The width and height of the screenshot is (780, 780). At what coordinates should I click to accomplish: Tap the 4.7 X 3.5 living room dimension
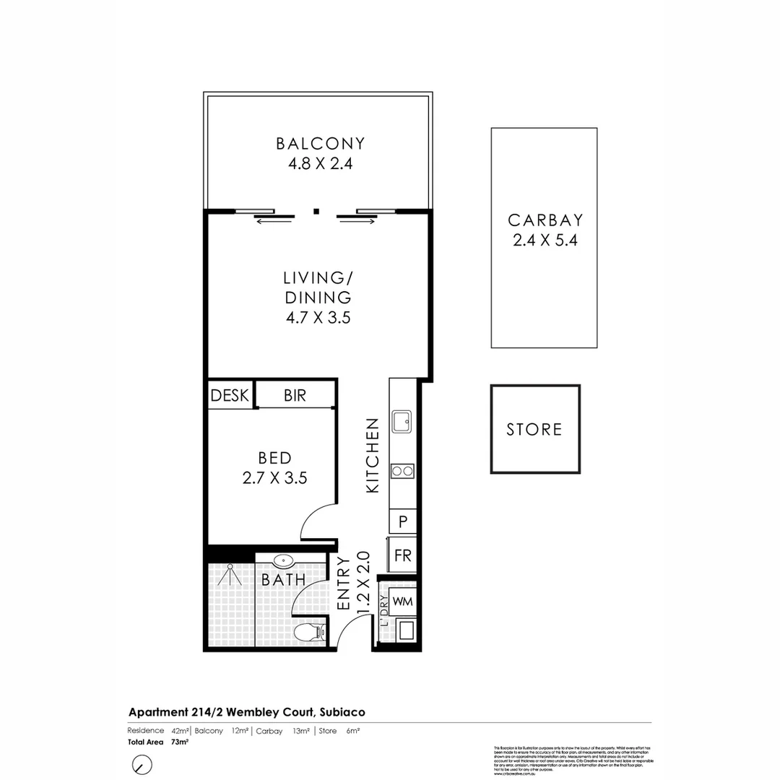[x=317, y=317]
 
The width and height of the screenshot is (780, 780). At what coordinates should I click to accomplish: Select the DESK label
[x=230, y=396]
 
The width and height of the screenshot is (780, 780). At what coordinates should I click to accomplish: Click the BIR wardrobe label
[x=295, y=396]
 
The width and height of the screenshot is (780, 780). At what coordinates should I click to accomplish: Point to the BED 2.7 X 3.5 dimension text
[x=276, y=477]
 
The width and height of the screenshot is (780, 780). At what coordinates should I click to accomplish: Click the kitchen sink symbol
[x=402, y=421]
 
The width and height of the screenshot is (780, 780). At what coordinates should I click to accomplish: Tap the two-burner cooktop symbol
[x=402, y=472]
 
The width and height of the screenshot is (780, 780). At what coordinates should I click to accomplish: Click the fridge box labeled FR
[x=402, y=555]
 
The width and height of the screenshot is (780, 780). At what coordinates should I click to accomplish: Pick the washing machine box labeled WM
[x=402, y=601]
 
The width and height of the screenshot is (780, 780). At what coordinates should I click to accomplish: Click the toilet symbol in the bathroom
[x=312, y=633]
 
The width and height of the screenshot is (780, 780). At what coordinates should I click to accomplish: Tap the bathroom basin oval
[x=282, y=560]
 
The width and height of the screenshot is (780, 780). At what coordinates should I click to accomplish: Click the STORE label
[x=534, y=430]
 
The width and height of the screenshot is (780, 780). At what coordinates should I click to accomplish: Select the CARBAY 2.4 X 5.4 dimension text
[x=545, y=241]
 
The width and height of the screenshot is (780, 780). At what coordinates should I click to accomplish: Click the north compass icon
[x=142, y=764]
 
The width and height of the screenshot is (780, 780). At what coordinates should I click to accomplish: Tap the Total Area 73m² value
[x=179, y=742]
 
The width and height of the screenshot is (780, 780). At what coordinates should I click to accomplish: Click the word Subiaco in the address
[x=343, y=712]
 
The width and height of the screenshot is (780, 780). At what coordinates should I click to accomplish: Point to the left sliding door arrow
[x=274, y=221]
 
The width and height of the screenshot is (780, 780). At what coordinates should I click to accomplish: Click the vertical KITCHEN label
[x=373, y=456]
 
